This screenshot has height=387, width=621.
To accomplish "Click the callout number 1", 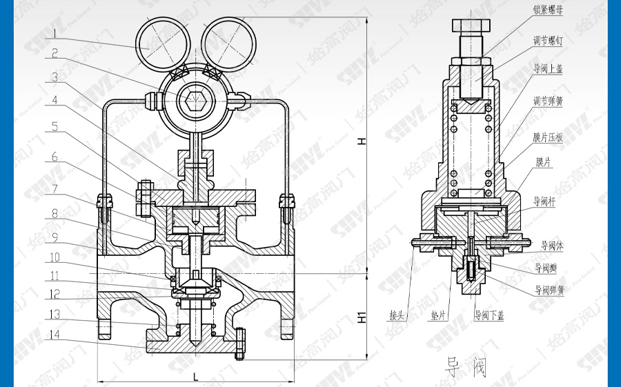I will point(55,31).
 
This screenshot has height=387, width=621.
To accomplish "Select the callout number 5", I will point(55,126).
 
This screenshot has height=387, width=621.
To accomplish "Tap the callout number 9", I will point(55,237).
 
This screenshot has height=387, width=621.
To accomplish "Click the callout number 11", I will point(55,276).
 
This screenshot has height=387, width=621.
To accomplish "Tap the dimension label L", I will point(196,377).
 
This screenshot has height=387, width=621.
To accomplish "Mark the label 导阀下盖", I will point(489,316).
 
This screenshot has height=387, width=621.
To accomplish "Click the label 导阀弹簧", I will point(550,290).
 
